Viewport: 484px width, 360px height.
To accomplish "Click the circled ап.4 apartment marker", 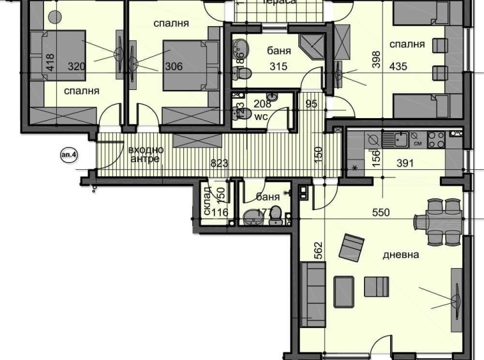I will [67, 154].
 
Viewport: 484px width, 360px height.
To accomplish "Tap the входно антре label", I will [146, 154].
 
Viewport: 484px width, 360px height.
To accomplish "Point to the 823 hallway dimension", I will [219, 163].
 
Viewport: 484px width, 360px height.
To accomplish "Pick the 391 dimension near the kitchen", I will [405, 163].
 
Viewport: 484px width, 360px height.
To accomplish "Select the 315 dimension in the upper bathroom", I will [278, 66].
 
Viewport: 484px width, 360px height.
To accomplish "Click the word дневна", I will [400, 255].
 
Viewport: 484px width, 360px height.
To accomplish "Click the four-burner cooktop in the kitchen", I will [436, 139].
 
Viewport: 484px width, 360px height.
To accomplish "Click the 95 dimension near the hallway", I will [312, 104].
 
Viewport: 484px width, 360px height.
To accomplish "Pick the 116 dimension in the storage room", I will [220, 213].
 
